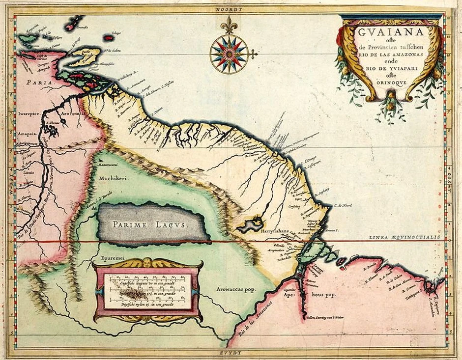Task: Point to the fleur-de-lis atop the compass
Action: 228,24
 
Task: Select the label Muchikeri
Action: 113,179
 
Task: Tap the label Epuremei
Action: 113,256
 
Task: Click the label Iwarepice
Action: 28,112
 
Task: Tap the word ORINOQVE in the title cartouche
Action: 389,83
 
